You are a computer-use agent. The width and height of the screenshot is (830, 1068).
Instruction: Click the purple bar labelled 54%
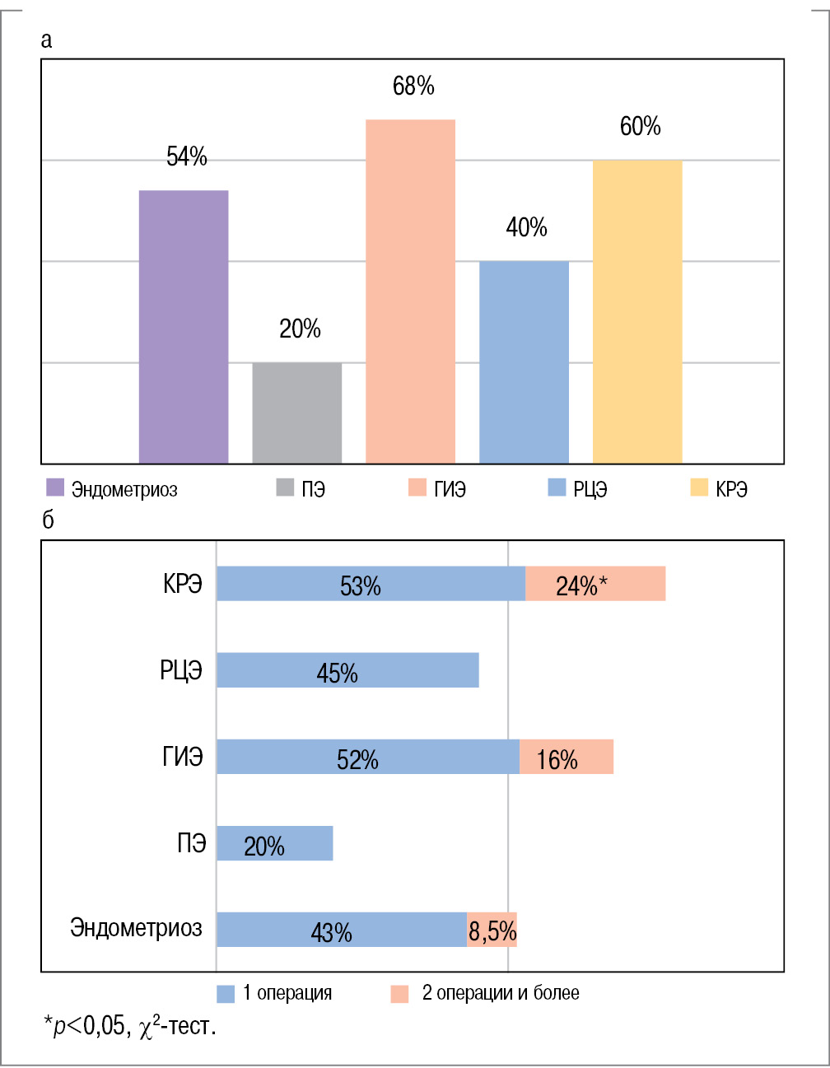coord(184,327)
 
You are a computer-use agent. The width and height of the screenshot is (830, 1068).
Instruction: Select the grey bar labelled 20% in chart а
coord(296,413)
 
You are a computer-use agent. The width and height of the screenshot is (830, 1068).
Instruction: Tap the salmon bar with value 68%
coord(410,291)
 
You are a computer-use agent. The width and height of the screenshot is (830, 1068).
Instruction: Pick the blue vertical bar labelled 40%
coord(524,362)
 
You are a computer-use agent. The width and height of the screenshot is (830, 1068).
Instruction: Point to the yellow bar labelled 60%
coord(637,312)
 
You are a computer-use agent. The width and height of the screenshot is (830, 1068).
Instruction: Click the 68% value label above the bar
coord(413,86)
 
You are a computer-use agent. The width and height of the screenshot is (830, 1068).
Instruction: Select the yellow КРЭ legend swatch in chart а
coord(699,487)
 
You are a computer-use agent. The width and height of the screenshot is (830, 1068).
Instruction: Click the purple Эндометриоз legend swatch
coord(55,487)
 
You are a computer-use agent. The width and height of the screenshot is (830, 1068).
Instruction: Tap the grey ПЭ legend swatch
coord(285,487)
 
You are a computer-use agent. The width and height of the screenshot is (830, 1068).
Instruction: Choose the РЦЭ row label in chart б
coord(181,669)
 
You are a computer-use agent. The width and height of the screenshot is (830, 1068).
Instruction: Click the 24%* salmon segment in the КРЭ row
coord(595,584)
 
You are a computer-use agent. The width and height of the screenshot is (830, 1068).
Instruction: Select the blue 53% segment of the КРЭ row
coord(371,584)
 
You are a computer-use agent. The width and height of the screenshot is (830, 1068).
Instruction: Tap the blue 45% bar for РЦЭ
coord(347,670)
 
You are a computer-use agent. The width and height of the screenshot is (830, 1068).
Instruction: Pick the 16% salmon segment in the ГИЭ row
coord(567,757)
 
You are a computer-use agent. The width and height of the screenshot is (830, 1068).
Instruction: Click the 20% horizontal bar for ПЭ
coord(275,843)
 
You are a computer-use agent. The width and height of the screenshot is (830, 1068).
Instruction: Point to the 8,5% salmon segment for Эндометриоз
coord(492,930)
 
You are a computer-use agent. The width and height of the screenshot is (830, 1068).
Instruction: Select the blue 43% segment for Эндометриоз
coord(342,930)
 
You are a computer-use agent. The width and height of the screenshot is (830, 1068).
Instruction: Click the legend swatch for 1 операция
coord(226,993)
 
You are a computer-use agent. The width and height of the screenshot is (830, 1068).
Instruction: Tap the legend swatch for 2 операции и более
coord(399,993)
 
